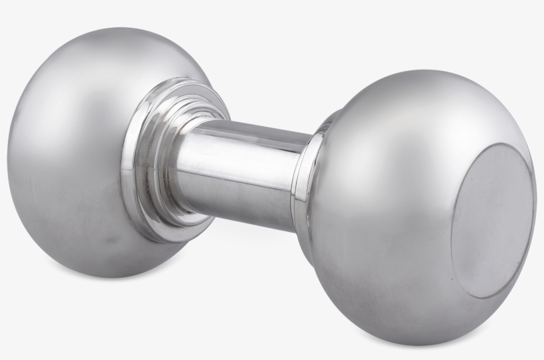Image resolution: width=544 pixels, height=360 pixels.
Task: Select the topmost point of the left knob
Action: pos(106,27)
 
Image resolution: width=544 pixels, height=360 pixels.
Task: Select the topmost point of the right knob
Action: pos(425,69)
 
